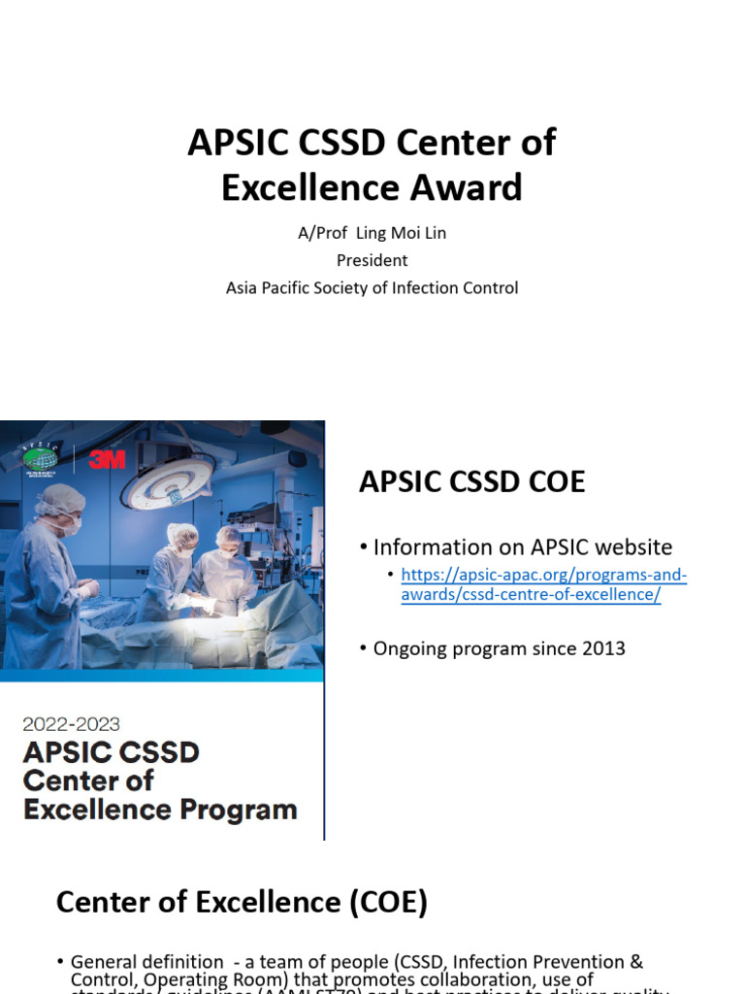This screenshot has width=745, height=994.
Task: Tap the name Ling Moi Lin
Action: pyautogui.click(x=401, y=233)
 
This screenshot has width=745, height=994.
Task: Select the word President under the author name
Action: pyautogui.click(x=372, y=260)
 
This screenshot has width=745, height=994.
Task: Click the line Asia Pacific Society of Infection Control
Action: pyautogui.click(x=372, y=287)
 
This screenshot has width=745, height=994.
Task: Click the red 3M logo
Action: pyautogui.click(x=107, y=458)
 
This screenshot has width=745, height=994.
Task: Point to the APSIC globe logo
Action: pyautogui.click(x=41, y=458)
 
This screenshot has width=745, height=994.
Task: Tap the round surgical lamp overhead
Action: pyautogui.click(x=168, y=480)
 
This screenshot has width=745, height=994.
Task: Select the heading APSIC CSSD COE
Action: pyautogui.click(x=471, y=481)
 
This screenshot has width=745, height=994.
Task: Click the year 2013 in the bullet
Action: pyautogui.click(x=602, y=648)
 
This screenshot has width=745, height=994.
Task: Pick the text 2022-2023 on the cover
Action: pyautogui.click(x=72, y=724)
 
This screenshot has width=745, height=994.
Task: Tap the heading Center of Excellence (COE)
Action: pyautogui.click(x=242, y=903)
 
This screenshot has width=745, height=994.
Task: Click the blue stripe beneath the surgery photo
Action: pyautogui.click(x=161, y=675)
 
